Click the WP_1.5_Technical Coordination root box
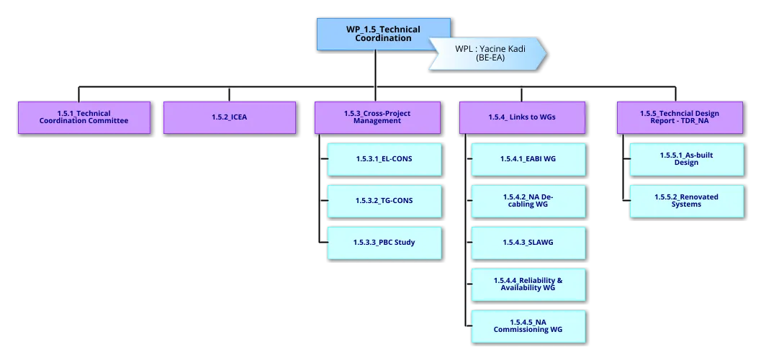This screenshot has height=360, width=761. coord(383,34)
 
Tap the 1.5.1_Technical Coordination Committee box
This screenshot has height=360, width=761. coord(84,117)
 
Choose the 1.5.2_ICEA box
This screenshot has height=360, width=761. coord(229,117)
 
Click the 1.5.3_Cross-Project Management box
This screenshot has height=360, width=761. coord(377,117)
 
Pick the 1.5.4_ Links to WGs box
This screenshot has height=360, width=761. coord(522,117)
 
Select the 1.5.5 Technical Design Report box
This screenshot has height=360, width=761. coord(679,117)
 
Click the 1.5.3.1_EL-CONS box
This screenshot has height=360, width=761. coord(384,159)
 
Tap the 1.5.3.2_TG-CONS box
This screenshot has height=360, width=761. coord(384,200)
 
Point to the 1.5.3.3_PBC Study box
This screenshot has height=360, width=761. coord(384,242)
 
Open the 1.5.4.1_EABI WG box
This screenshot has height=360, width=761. coord(528,159)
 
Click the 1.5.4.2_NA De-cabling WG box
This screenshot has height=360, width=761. coord(528,200)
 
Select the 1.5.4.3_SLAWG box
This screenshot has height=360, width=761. coord(528,242)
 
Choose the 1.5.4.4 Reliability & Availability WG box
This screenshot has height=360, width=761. coord(528,284)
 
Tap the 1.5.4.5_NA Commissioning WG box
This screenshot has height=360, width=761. coord(528,325)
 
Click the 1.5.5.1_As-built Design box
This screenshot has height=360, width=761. coord(686,159)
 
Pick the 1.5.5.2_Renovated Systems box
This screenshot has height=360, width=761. coord(686,200)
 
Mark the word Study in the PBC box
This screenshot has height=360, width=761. coord(405,242)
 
